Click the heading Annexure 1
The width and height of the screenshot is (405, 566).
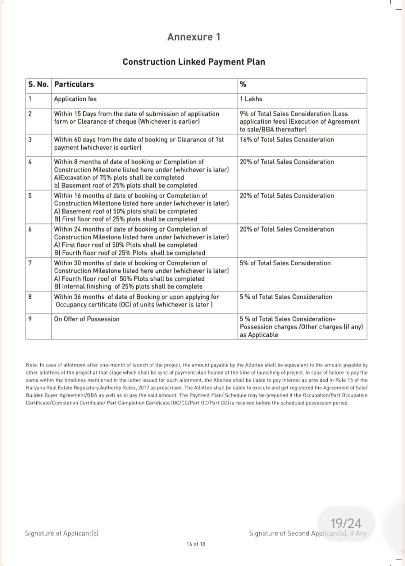(193, 37)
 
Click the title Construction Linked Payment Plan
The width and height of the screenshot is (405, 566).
(194, 62)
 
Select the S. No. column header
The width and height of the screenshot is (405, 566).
(38, 84)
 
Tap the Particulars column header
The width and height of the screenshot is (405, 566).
(74, 84)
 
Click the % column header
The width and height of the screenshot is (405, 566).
(243, 84)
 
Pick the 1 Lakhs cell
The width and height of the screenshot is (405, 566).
(251, 99)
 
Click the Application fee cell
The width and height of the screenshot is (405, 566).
(75, 99)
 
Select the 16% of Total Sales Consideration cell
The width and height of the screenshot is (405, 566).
(287, 140)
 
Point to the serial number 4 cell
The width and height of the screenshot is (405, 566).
(30, 162)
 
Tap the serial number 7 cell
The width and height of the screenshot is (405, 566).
(30, 263)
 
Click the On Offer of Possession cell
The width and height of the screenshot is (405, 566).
(87, 319)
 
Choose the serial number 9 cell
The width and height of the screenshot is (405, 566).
(30, 319)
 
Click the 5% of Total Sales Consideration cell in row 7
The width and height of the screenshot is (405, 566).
(285, 263)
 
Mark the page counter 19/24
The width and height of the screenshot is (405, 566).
(346, 524)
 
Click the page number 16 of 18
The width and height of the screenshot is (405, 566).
(196, 544)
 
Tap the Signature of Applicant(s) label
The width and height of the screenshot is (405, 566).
(61, 533)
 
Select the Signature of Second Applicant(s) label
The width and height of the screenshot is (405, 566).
(308, 533)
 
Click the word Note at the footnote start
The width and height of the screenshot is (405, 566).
(32, 365)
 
